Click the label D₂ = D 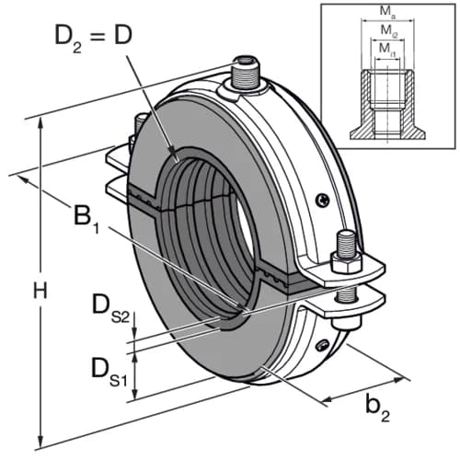coord(93,39)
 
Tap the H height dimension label coord(40,290)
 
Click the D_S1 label coord(109,372)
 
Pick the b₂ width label coord(378,408)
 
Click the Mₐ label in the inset coord(387,12)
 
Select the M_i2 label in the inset coord(389,31)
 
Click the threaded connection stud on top coord(247,73)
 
